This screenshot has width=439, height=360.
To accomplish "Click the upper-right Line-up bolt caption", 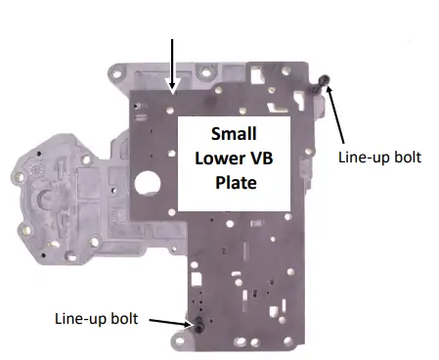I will point(379,157).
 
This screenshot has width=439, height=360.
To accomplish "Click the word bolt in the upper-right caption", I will point(406,157).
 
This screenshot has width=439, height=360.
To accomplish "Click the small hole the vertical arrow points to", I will point(173,96).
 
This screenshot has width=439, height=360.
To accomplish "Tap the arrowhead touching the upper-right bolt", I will point(329,90).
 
